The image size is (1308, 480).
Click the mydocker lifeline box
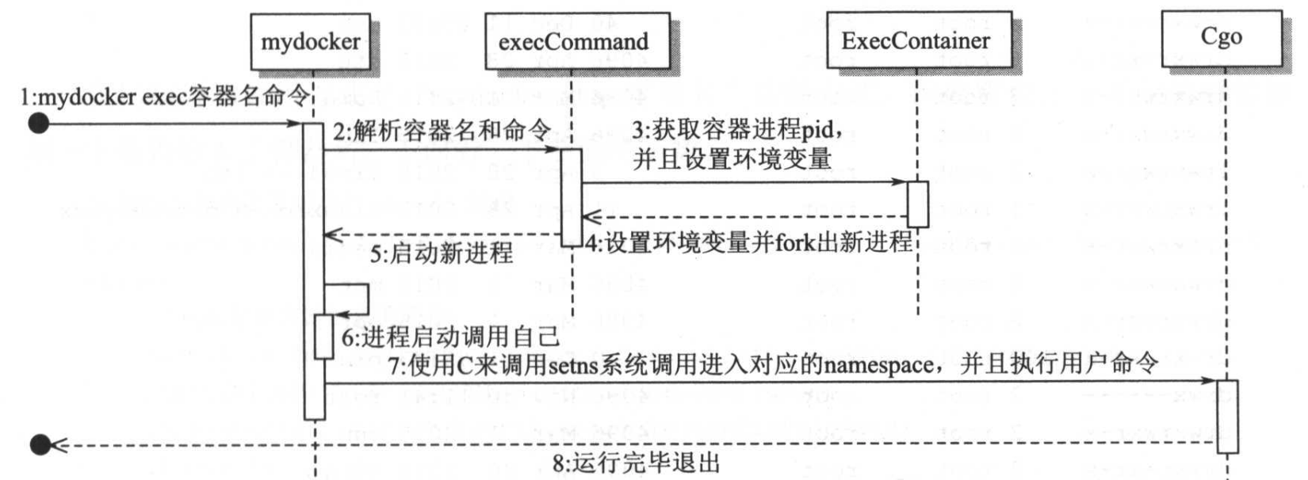pyautogui.click(x=311, y=41)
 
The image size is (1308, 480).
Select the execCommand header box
pyautogui.click(x=573, y=41)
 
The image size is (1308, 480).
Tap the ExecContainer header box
pyautogui.click(x=917, y=40)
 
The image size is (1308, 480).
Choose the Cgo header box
pyautogui.click(x=1222, y=37)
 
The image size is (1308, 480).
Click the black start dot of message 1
pyautogui.click(x=38, y=124)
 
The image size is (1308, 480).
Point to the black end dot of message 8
pyautogui.click(x=40, y=444)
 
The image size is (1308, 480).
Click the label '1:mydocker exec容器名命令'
pyautogui.click(x=165, y=97)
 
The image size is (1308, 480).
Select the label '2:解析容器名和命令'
pyautogui.click(x=442, y=130)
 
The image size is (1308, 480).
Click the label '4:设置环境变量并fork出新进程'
pyautogui.click(x=749, y=242)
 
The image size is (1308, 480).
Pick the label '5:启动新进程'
pyautogui.click(x=442, y=253)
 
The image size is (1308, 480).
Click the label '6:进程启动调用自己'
pyautogui.click(x=450, y=337)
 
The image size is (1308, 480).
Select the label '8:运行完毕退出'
pyautogui.click(x=636, y=463)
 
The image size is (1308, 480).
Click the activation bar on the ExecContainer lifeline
pyautogui.click(x=917, y=204)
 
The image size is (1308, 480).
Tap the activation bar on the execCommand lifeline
pyautogui.click(x=572, y=197)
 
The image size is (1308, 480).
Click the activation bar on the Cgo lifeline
pyautogui.click(x=1227, y=416)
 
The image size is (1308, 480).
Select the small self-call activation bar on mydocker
pyautogui.click(x=324, y=336)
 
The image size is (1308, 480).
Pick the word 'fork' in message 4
pyautogui.click(x=794, y=242)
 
